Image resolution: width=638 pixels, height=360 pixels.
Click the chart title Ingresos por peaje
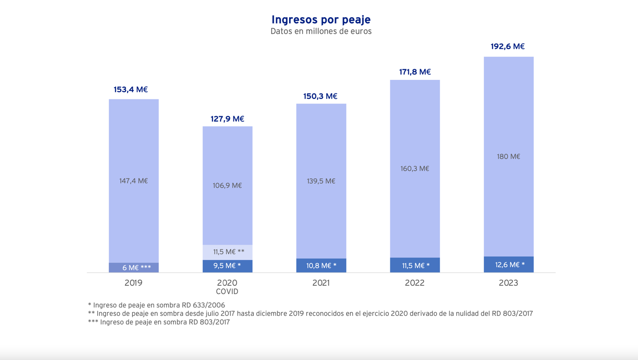(321, 19)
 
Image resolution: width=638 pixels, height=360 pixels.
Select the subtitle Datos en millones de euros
(321, 32)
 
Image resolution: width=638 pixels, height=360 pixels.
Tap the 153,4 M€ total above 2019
(130, 90)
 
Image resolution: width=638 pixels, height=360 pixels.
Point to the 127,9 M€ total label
(227, 119)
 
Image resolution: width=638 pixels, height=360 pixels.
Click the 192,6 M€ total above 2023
(508, 46)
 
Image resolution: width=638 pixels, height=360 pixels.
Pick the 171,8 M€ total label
(415, 72)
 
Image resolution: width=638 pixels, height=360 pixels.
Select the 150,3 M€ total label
(320, 96)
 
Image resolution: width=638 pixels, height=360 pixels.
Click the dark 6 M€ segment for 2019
(134, 268)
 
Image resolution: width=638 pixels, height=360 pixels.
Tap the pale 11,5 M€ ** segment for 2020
(227, 252)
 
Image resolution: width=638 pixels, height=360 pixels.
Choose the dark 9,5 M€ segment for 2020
(227, 266)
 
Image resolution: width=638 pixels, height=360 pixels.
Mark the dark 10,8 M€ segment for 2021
(321, 265)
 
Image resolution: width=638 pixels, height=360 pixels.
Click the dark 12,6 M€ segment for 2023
(509, 264)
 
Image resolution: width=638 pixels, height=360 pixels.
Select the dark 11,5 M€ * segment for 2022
(415, 265)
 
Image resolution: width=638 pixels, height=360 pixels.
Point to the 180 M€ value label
(509, 156)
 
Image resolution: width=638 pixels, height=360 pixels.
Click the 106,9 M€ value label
(227, 186)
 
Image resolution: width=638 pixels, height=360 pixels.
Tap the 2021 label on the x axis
(321, 283)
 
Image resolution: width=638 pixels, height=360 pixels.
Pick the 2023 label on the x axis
(509, 283)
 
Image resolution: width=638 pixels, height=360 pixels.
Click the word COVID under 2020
(227, 292)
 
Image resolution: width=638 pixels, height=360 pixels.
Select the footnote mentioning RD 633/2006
(156, 305)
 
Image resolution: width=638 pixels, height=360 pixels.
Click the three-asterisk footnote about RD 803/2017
(159, 322)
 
